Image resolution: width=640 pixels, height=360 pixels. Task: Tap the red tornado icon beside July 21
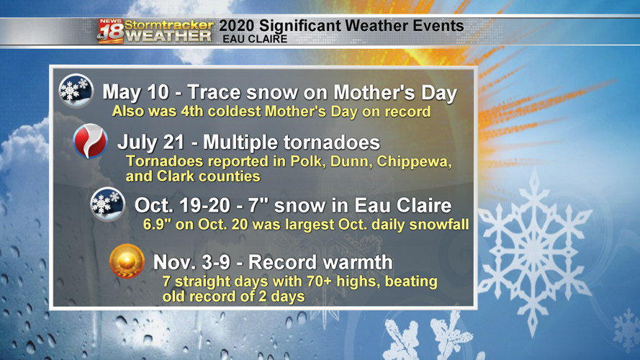[x=91, y=141]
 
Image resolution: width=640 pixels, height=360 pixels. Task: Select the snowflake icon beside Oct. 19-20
[x=108, y=204]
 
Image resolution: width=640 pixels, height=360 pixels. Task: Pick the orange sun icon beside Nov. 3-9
[x=127, y=260]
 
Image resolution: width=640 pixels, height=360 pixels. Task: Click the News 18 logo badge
[x=111, y=32]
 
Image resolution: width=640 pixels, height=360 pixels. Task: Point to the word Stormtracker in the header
[x=169, y=24]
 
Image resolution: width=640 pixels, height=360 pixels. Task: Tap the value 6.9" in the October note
[x=159, y=225]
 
